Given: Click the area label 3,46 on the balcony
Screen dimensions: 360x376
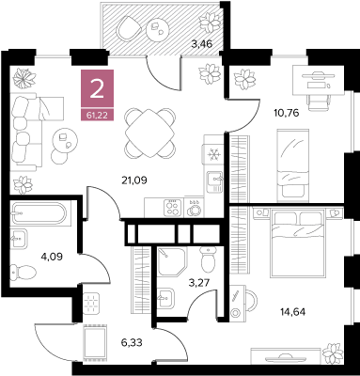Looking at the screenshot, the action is tap(202, 44).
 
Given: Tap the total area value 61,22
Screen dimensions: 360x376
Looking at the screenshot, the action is tap(97, 116).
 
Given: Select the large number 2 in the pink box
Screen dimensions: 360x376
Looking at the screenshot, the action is tap(97, 88).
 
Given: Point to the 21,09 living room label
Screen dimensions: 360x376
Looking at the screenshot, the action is tap(134, 180).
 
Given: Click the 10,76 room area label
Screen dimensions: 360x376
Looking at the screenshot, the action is tap(286, 113).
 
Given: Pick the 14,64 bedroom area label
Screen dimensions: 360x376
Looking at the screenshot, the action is tap(292, 311).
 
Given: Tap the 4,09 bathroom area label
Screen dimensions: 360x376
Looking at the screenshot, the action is tap(52, 257).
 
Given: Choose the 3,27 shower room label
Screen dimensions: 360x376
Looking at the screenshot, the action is tap(199, 283).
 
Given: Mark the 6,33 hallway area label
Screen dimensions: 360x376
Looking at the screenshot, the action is tap(132, 342).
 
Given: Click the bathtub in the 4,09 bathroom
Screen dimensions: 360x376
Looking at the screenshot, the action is tap(39, 213).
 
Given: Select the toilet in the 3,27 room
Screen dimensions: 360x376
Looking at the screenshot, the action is tap(209, 259).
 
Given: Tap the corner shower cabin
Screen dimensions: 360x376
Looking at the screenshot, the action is tap(172, 260).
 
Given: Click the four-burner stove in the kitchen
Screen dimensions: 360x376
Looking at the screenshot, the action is tap(173, 208).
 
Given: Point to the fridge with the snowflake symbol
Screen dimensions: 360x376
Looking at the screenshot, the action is tap(213, 153).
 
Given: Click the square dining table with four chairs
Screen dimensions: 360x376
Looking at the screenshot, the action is tap(149, 133).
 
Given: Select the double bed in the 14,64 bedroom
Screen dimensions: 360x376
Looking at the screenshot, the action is tap(297, 243).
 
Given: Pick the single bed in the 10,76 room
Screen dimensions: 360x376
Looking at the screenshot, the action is tap(293, 165).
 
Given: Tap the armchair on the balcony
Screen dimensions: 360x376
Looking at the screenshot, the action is tap(129, 27).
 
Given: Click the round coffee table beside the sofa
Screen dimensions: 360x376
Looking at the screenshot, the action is tap(65, 142).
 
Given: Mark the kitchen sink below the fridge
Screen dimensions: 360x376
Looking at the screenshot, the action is tap(214, 181).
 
